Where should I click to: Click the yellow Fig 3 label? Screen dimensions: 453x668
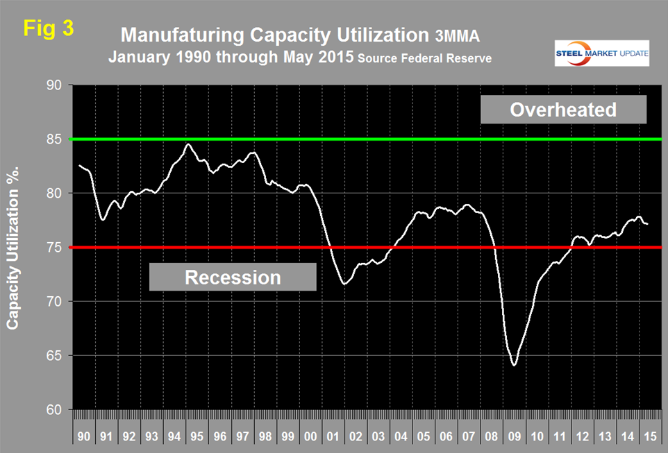tap(48, 28)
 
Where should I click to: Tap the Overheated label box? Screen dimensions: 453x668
tap(562, 110)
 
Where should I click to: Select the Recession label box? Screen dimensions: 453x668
tap(233, 277)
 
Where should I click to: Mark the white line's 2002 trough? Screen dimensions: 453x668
tap(344, 284)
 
